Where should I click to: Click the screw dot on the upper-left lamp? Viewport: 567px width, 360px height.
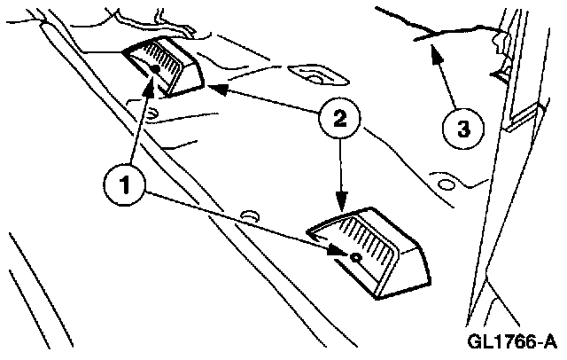(155, 69)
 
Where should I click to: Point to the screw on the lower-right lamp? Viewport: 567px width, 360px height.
(354, 256)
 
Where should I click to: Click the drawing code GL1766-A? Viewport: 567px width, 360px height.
(515, 341)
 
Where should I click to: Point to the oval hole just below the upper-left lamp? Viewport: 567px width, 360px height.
(151, 112)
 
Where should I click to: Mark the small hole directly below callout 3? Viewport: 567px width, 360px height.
(446, 184)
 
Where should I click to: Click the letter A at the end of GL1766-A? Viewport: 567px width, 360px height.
(550, 341)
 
